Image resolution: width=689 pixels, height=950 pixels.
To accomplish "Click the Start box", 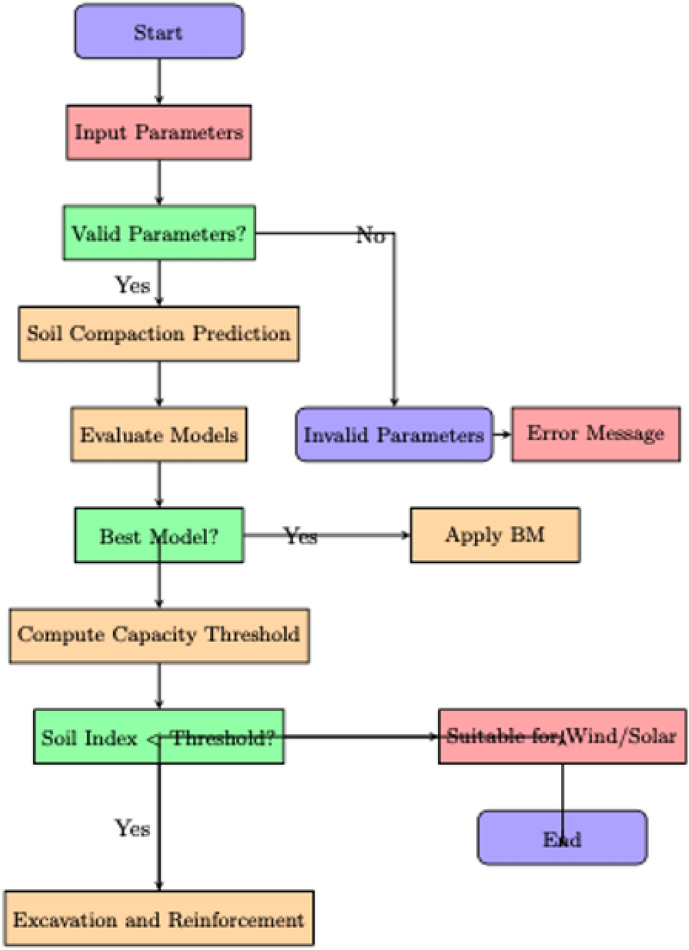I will point(159,32).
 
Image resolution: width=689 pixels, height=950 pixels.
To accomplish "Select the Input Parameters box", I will point(159,133).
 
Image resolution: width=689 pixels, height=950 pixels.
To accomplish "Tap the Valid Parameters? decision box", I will point(159,233).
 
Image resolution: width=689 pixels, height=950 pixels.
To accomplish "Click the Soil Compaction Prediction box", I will point(159,333).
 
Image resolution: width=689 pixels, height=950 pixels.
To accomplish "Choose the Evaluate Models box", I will point(159,434).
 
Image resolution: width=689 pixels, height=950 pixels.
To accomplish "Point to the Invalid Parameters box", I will point(394,434).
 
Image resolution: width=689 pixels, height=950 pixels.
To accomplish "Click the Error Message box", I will point(595,434).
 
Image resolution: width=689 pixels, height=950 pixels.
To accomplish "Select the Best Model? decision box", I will point(159,535).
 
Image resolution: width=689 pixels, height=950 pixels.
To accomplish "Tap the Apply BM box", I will point(495,535).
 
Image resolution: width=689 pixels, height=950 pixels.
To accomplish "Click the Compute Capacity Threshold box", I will point(159,635).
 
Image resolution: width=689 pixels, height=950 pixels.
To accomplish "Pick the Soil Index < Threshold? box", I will point(159,737).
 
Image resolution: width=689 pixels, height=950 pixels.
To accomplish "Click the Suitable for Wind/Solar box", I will point(562,736).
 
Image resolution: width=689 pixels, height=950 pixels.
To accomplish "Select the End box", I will point(562,838).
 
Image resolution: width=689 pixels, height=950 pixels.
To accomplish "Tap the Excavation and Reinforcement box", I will point(159,919).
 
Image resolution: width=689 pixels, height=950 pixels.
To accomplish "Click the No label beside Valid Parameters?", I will point(370,235).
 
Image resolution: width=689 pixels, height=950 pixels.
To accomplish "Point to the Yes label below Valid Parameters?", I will point(132,285).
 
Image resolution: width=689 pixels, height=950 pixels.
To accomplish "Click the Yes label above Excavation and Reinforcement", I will point(132,828).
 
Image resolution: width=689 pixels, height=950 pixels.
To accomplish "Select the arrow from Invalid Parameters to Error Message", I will point(502,434).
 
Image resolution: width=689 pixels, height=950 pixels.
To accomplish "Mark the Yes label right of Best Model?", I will point(300,536).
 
